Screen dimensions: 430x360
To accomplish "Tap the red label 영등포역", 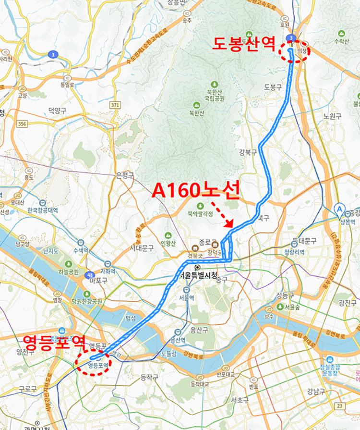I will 54,343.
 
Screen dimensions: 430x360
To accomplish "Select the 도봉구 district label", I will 272,87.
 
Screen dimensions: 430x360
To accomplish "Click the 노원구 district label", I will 332,116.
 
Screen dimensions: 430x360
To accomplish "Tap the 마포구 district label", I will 97,280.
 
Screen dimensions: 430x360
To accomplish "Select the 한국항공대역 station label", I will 42,210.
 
